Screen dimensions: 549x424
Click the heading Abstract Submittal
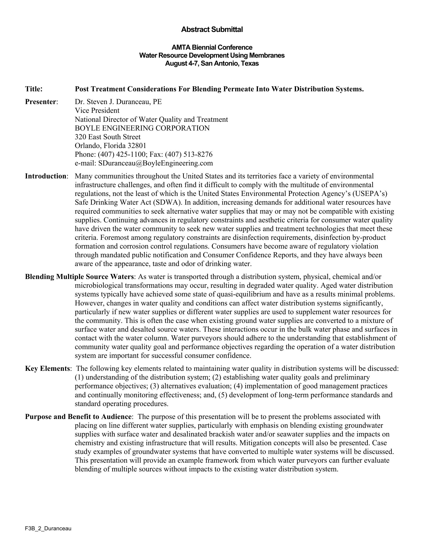coord(212,30)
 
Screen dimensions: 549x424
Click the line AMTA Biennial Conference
coord(212,47)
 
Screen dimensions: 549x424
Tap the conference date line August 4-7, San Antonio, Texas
coord(212,63)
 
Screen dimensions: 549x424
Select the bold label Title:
coord(34,89)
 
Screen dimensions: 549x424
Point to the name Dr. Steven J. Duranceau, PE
coord(118,102)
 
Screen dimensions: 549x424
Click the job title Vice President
coord(97,111)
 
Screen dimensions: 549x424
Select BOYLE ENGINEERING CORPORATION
coord(142,128)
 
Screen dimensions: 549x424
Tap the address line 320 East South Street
coord(107,137)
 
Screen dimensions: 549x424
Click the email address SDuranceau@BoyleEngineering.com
coord(155,163)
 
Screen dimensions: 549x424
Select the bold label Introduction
coord(45,176)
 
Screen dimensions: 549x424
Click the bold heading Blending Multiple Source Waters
coord(79,277)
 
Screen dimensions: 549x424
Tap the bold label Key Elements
coord(47,369)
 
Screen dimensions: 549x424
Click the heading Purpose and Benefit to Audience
coord(78,416)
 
